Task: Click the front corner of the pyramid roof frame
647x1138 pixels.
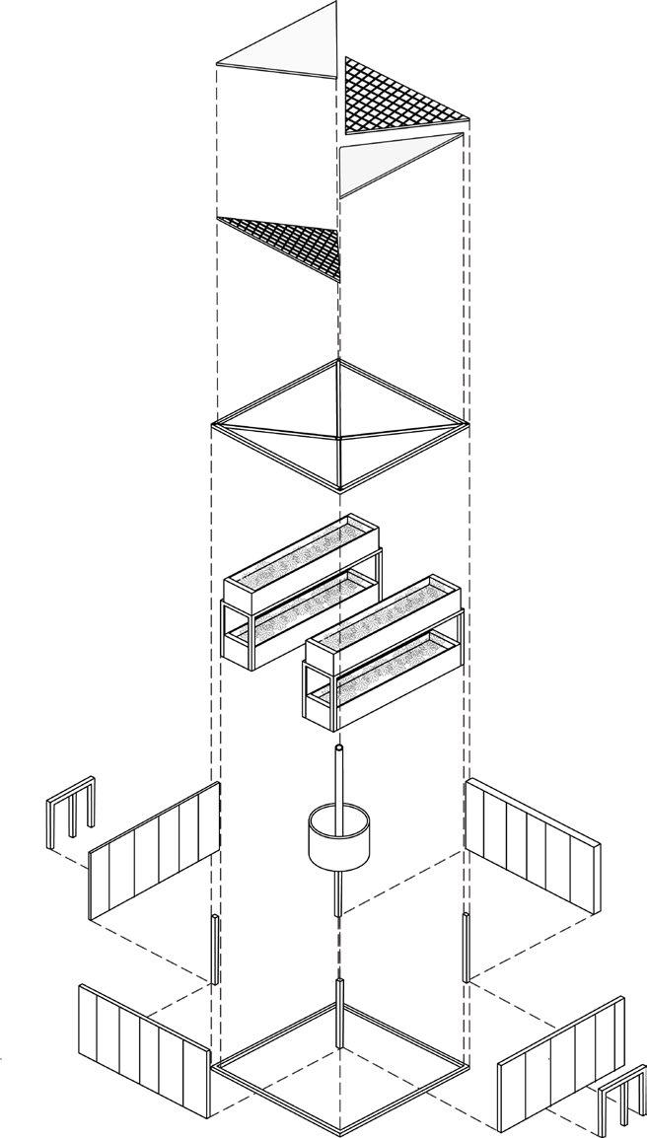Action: [x=339, y=489]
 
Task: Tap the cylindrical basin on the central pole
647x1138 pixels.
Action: [x=338, y=838]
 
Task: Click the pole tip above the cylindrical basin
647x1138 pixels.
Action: [x=338, y=751]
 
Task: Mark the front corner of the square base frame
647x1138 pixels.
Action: [x=339, y=1130]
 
